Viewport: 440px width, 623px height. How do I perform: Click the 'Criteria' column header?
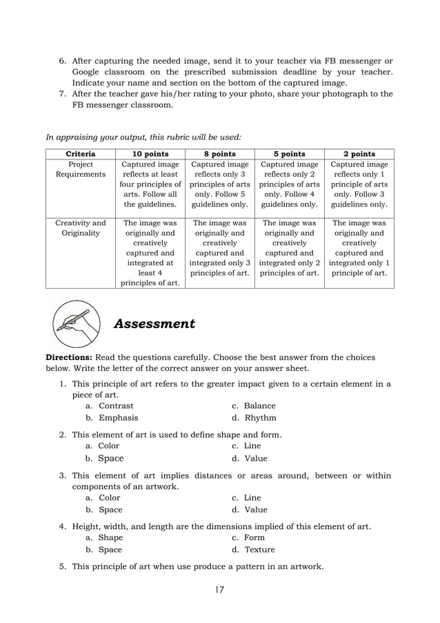point(80,153)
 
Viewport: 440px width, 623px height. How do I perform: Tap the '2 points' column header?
point(359,153)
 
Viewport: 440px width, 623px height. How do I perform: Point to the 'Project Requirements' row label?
point(80,170)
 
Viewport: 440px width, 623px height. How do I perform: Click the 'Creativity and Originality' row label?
point(80,228)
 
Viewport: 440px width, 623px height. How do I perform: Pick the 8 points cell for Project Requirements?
point(220,184)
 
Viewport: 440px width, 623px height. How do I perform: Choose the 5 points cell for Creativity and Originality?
point(290,248)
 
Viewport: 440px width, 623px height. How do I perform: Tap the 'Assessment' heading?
point(154,324)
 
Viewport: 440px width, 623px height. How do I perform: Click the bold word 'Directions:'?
point(70,358)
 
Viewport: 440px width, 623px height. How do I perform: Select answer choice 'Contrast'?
point(116,406)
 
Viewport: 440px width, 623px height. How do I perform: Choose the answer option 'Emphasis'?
point(118,418)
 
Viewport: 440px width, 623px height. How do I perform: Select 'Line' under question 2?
point(252,446)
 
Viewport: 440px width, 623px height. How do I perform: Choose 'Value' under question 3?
point(255,510)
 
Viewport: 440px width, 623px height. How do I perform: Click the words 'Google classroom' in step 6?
point(110,72)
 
